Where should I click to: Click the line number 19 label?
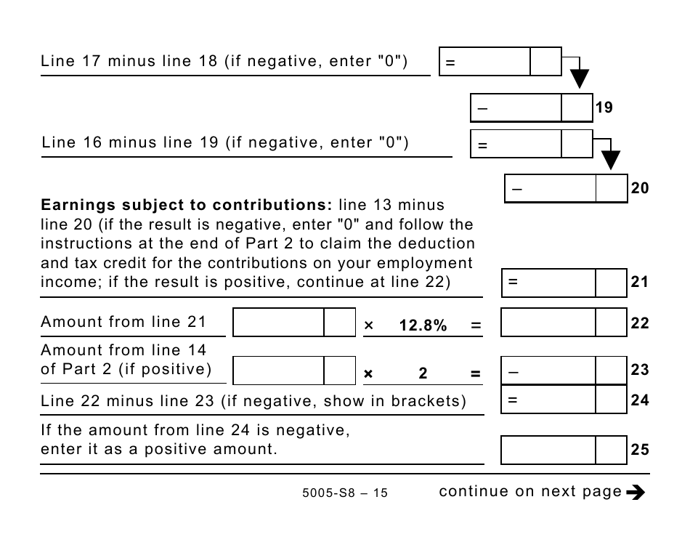pyautogui.click(x=604, y=108)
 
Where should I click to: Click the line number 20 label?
pyautogui.click(x=639, y=189)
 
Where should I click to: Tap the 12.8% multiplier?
pyautogui.click(x=423, y=326)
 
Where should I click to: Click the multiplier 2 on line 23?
pyautogui.click(x=423, y=374)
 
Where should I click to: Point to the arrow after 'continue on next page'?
pyautogui.click(x=635, y=493)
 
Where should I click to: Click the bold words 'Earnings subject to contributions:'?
pyautogui.click(x=187, y=206)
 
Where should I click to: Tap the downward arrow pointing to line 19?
pyautogui.click(x=579, y=78)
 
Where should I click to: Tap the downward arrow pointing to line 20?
pyautogui.click(x=612, y=158)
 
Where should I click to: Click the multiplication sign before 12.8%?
pyautogui.click(x=368, y=326)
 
